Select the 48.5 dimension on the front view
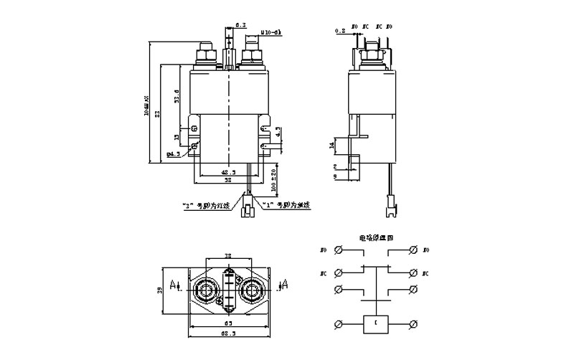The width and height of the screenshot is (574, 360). point(228,173)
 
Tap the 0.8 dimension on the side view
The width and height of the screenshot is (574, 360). point(340,31)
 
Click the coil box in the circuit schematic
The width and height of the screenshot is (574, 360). point(377,325)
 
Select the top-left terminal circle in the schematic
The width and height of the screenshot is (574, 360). point(339,250)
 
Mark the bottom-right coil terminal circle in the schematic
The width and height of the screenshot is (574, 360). point(413,325)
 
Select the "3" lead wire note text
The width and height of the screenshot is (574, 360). point(204,206)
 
